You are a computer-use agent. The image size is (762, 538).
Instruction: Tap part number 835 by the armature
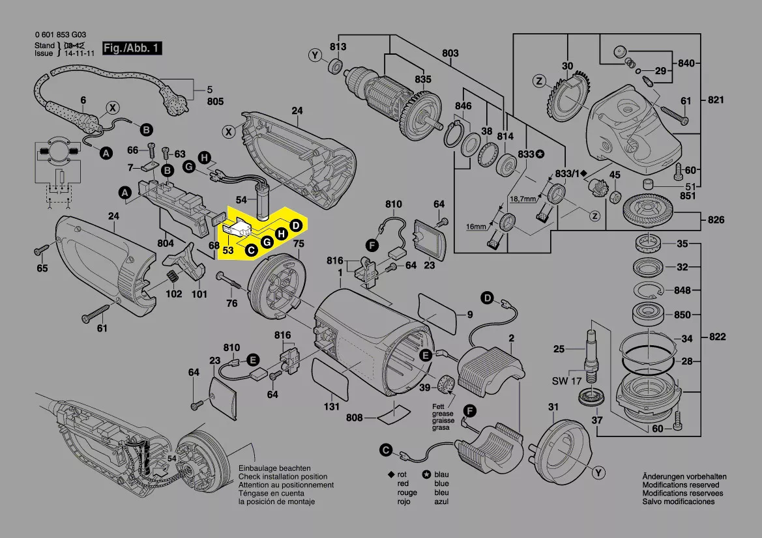tap(423, 79)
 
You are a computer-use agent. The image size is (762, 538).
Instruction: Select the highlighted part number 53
tap(228, 249)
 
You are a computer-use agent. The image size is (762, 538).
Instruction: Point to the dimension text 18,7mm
tap(521, 198)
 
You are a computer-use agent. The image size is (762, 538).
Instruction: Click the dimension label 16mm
tap(476, 227)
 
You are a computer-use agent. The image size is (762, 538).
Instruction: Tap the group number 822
tap(716, 337)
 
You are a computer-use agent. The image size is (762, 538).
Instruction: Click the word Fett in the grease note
tap(438, 406)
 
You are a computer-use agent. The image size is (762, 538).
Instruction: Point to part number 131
tap(332, 407)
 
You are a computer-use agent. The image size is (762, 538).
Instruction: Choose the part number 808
tap(355, 418)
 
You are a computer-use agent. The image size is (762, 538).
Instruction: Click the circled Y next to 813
tap(316, 57)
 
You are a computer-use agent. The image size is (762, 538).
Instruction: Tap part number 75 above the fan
tap(299, 244)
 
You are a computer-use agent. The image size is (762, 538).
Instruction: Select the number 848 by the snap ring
tap(682, 290)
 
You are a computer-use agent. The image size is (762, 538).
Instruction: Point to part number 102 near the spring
tap(173, 293)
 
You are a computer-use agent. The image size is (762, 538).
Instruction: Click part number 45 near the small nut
tap(615, 175)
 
